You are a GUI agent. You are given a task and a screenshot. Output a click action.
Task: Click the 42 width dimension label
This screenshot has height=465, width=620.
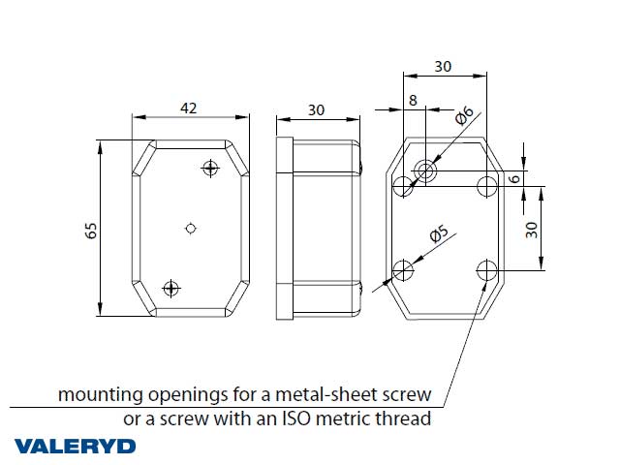188,108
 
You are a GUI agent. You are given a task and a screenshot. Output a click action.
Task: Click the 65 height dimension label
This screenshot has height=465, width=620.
91,231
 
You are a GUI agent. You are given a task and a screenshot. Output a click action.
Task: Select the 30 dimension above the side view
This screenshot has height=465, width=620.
317,109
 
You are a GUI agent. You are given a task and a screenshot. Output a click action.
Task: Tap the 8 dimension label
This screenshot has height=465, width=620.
413,100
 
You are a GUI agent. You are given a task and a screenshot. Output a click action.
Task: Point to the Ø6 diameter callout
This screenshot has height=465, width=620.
464,115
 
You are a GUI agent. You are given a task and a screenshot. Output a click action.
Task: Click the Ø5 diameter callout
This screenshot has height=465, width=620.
439,233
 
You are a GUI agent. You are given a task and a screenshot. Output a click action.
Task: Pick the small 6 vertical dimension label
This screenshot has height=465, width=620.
514,178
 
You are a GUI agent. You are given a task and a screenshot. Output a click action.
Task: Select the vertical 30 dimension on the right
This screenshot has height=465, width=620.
532,230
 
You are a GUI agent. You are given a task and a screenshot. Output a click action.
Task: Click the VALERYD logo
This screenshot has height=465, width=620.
76,447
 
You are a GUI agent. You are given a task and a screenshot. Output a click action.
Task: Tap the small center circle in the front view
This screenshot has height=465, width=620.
191,229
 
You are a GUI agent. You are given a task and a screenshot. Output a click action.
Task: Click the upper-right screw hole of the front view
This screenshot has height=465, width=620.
210,168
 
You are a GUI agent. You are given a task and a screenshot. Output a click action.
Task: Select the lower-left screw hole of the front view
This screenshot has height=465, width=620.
170,289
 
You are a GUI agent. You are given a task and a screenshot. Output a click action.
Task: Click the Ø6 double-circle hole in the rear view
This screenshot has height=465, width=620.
425,170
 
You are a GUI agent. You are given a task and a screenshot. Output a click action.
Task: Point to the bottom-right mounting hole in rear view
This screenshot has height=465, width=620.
486,270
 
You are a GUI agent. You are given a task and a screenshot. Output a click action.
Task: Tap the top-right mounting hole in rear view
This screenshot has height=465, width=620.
486,186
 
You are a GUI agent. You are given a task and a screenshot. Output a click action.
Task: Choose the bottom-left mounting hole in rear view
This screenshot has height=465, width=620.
403,270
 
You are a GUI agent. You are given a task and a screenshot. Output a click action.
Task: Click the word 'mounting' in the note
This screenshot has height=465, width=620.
101,395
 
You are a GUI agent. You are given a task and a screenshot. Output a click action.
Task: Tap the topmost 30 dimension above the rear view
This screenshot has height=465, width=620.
443,67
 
